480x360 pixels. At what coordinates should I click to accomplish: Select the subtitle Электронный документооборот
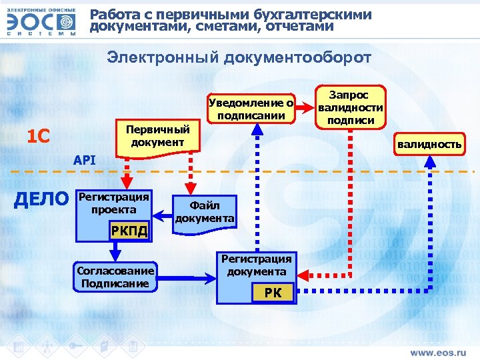click(239, 58)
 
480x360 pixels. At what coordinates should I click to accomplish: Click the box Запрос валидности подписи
click(351, 107)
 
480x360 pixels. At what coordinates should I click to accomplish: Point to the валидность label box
click(429, 144)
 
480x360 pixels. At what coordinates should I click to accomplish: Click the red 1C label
click(37, 137)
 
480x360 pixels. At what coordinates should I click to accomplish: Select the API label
click(85, 160)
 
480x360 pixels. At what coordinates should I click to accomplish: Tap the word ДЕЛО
click(41, 199)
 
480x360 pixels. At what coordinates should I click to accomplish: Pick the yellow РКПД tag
click(128, 231)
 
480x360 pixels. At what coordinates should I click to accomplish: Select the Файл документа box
click(205, 213)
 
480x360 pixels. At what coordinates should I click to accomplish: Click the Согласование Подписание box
click(115, 275)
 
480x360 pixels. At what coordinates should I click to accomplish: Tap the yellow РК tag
click(273, 293)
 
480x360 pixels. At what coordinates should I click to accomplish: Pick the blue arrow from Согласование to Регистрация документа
click(187, 275)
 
